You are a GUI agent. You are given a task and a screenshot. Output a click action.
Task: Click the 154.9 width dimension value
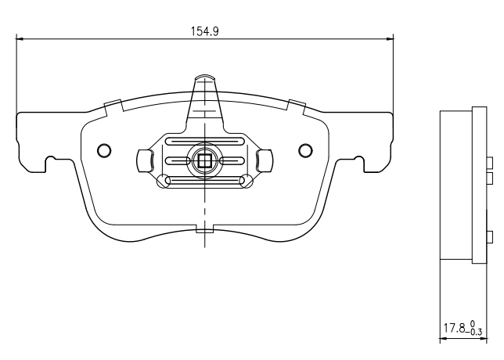205,31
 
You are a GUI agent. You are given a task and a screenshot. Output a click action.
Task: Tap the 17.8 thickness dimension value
455,328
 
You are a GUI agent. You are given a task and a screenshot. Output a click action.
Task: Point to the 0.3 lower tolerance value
476,332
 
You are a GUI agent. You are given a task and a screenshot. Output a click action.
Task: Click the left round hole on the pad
104,150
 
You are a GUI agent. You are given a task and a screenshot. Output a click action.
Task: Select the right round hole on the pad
305,150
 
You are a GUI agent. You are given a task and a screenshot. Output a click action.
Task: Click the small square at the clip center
204,160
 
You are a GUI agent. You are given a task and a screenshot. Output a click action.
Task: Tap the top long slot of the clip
205,141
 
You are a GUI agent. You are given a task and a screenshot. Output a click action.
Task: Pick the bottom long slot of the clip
205,181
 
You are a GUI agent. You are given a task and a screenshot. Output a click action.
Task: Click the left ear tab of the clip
145,160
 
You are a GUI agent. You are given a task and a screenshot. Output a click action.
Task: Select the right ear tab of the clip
265,160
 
